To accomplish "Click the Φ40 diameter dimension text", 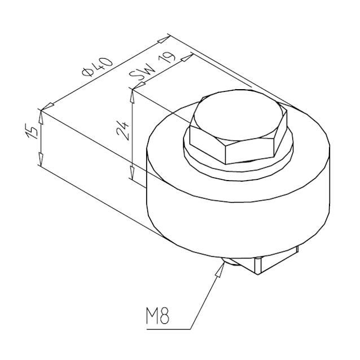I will pyautogui.click(x=99, y=67).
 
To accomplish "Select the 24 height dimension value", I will pyautogui.click(x=122, y=131).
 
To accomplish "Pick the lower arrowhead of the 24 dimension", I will pyautogui.click(x=133, y=176).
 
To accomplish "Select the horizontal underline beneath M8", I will pyautogui.click(x=169, y=328).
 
